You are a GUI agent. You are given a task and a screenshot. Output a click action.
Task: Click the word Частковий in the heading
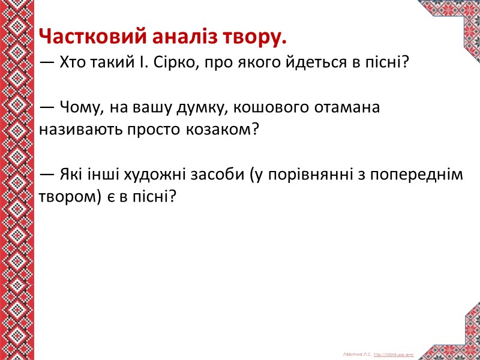pyautogui.click(x=87, y=38)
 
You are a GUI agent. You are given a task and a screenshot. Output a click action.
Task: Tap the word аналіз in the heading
pyautogui.click(x=170, y=38)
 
